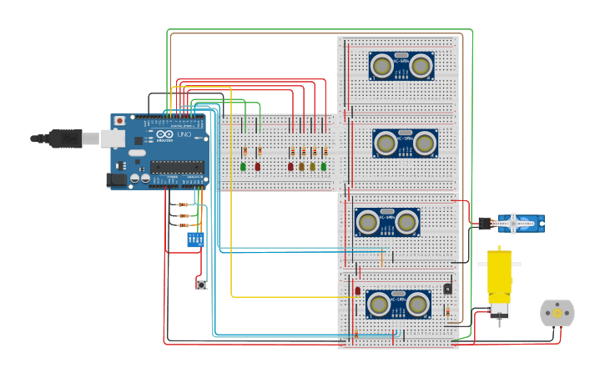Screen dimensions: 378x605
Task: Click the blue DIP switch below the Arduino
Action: coord(195,239)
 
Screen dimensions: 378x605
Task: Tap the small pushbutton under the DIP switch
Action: coord(201,285)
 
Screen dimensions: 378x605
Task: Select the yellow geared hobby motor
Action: coord(499,280)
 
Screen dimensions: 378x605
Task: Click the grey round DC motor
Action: coord(557,313)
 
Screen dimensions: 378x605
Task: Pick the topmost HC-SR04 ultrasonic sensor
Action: coord(401,66)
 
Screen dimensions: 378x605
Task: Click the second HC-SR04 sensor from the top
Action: coord(405,144)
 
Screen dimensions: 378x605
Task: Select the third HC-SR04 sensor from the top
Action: coord(386,222)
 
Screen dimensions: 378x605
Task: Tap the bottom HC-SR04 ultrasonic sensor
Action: coord(397,304)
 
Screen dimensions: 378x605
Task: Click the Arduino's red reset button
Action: coord(119,121)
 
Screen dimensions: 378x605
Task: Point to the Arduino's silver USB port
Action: coord(112,139)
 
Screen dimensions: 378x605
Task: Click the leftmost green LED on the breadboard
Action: coord(243,167)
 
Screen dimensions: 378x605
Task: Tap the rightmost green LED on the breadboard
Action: coord(324,167)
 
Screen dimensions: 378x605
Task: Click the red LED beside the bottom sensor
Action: coord(357,291)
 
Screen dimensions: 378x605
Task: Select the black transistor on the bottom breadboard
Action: coord(447,289)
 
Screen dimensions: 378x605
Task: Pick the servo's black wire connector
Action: coord(484,223)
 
